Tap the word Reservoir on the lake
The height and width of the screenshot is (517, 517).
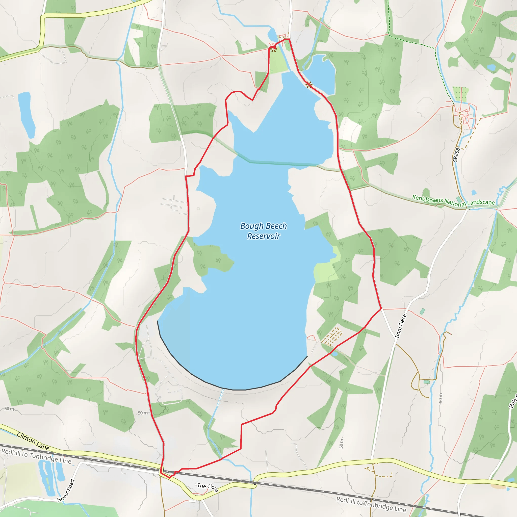click(263, 236)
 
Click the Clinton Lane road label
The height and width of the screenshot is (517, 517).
click(33, 441)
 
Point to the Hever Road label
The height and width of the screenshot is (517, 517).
click(66, 490)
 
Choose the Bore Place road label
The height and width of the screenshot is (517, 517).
click(401, 326)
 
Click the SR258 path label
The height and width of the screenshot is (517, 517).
click(456, 154)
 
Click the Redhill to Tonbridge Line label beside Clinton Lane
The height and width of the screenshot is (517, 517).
click(36, 456)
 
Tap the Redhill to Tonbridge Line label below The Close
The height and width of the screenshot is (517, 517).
click(371, 504)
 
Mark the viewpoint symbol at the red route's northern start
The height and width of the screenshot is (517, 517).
click(273, 49)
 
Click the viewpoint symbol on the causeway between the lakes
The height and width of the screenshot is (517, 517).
click(309, 85)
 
